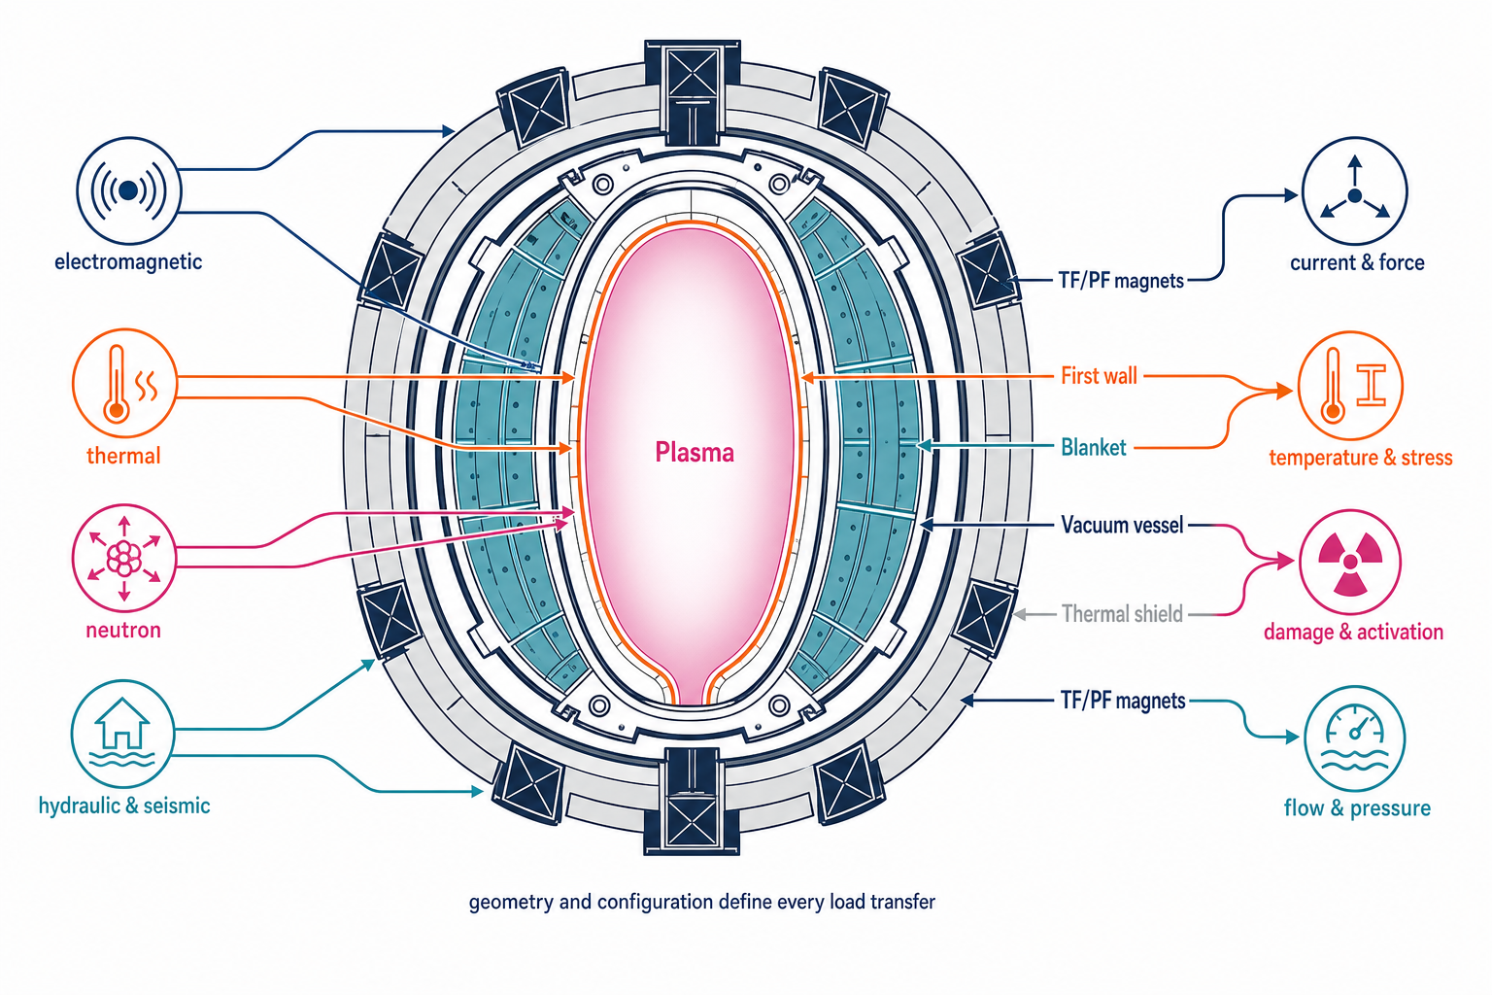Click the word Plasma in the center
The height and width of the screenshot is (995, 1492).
695,453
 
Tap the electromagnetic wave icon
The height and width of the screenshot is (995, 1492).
128,190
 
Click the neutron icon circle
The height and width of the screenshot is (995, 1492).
124,558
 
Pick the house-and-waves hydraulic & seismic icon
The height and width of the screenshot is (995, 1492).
122,733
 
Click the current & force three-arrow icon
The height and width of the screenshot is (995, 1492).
1355,190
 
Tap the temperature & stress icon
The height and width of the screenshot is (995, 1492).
1351,386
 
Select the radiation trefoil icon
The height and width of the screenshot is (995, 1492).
1350,563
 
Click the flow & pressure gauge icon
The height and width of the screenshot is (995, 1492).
1355,738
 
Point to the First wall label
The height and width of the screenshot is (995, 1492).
1099,376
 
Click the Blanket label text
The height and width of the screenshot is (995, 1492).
1094,447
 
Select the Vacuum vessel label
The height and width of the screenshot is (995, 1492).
1122,525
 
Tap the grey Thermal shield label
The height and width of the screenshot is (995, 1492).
1122,614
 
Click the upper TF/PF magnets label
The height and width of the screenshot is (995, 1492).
1122,281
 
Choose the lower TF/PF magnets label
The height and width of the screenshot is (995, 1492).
1123,701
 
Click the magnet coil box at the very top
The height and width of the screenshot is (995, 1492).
692,92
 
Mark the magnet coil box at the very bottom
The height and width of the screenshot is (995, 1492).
692,801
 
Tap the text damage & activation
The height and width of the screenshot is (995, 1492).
1353,632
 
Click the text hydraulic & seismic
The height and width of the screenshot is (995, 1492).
124,806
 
